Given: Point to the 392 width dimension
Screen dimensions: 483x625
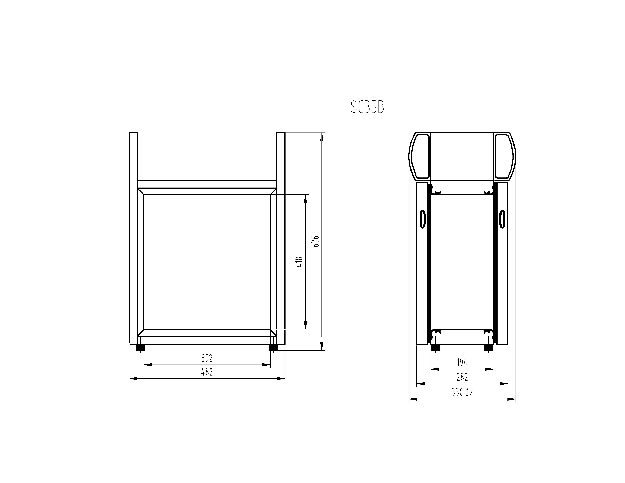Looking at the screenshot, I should [x=207, y=358].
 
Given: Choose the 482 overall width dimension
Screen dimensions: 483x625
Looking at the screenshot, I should [x=207, y=372].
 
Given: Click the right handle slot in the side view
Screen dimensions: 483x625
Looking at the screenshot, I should [x=502, y=219].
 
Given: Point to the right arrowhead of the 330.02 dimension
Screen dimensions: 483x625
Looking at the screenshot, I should [x=512, y=399].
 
